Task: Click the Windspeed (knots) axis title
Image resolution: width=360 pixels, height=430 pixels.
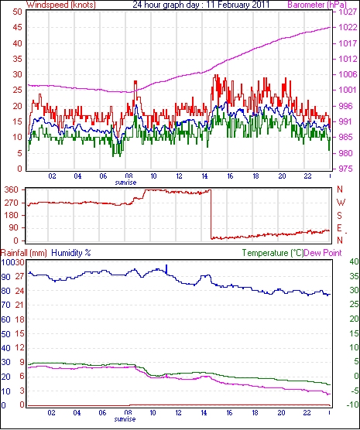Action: pos(61,5)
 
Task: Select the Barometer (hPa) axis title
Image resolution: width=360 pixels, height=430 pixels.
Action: pos(317,5)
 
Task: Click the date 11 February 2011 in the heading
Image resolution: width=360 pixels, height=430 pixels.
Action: pos(238,5)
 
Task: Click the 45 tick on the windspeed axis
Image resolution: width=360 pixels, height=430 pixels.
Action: pos(17,27)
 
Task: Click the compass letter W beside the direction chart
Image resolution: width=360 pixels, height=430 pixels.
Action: pos(341,203)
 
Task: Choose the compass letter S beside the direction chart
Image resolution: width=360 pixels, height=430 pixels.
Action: pos(340,216)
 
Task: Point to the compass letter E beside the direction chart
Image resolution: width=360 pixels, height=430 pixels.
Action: pos(340,228)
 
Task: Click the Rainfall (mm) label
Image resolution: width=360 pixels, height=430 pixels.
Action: pos(24,253)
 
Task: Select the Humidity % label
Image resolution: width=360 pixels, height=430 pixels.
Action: pos(71,253)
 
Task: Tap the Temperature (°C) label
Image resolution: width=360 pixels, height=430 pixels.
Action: pos(273,253)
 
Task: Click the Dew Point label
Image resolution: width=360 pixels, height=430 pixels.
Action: pos(323,253)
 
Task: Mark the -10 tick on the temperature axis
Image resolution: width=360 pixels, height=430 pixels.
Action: pos(353,404)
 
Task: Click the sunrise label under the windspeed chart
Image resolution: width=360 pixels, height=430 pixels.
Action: pos(125,183)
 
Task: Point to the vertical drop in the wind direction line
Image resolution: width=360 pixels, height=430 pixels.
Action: pos(211,214)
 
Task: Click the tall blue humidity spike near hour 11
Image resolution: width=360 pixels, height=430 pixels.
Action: pos(166,269)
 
